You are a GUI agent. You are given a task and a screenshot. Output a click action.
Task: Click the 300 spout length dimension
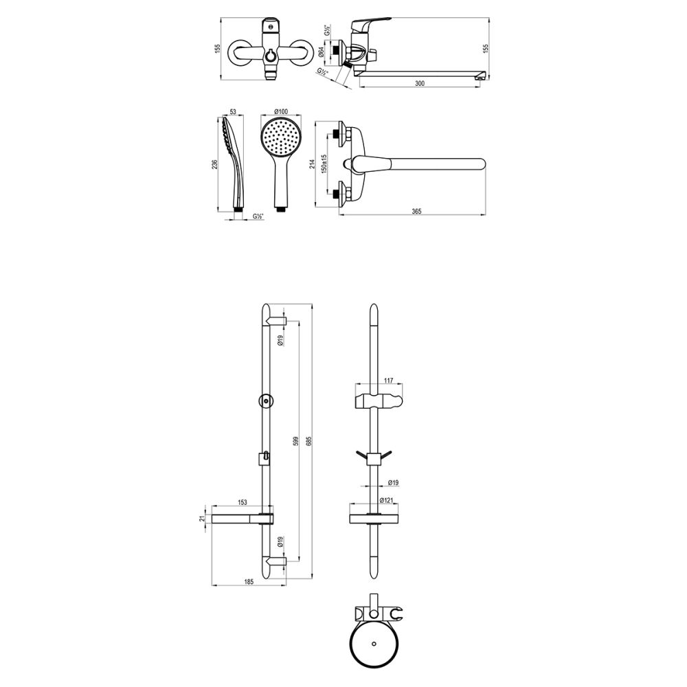pos(420,83)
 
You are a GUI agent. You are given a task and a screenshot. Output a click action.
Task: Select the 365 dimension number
pos(416,211)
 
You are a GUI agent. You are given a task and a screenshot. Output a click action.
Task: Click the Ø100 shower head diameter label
pos(280,112)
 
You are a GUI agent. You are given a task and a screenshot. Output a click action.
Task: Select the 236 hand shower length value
pos(216,164)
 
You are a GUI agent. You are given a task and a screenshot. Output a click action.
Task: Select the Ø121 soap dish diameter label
pos(390,501)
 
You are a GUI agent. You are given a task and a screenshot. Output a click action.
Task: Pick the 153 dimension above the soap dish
pos(243,502)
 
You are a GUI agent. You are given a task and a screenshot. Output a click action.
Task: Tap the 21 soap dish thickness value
pos(203,519)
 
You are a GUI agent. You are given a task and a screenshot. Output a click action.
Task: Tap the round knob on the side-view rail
pos(264,400)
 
